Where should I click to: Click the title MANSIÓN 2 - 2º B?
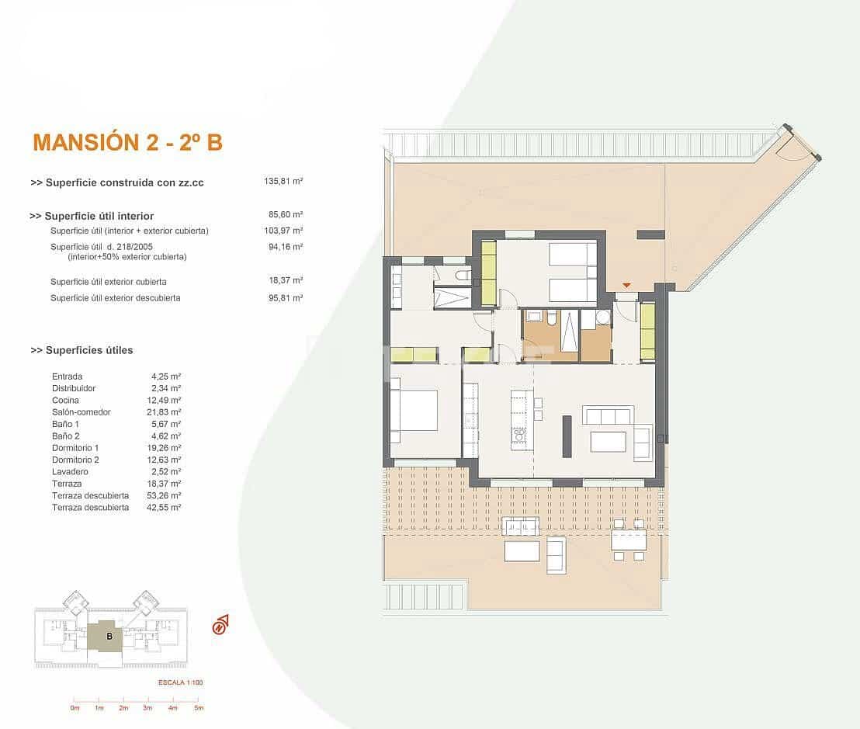pos(127,142)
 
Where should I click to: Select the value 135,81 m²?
pos(283,182)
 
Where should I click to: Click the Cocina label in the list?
pos(65,400)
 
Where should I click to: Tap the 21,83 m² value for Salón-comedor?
pos(165,412)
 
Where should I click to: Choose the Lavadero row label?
pos(70,472)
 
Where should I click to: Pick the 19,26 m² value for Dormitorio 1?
pos(165,448)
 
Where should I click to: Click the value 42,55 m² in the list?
pos(165,508)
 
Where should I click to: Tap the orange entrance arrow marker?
pos(626,286)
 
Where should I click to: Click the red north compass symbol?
pos(220,624)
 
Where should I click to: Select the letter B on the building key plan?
pos(109,637)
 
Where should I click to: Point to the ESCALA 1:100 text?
pos(179,683)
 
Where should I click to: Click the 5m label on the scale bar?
pos(198,708)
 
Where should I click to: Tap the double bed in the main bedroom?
pos(414,410)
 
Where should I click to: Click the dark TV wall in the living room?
pos(567,436)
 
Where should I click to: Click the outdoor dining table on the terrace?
pos(628,540)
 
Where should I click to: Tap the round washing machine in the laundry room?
pos(602,317)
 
